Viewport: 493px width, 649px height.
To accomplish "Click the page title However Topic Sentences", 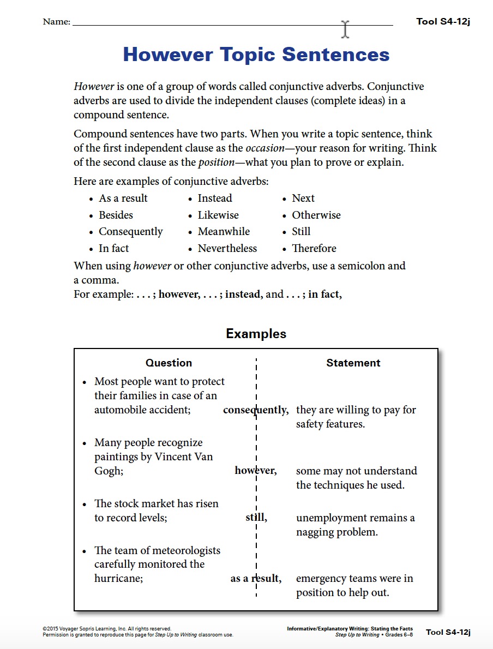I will point(256,55).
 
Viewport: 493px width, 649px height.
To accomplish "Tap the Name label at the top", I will point(56,22).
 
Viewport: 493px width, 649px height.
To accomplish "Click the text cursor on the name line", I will point(345,29).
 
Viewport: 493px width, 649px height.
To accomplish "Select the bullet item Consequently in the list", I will point(130,232).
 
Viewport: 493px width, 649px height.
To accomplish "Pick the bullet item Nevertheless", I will point(227,248).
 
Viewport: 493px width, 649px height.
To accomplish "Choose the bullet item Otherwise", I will point(316,215).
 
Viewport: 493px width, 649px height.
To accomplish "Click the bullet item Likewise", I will point(218,215).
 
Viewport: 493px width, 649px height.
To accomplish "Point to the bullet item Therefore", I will point(314,248).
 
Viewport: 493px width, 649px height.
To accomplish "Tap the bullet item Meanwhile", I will point(224,232).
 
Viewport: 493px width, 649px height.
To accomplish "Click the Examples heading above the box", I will point(256,334).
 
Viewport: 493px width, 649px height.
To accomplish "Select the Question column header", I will point(169,363).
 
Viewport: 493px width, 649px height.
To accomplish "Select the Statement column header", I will point(353,363).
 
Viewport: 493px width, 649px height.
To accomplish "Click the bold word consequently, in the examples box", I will point(256,410).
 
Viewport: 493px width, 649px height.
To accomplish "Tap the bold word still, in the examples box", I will point(256,518).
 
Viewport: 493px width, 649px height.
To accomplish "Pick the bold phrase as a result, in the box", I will point(256,579).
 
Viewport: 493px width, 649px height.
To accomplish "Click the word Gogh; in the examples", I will point(109,471).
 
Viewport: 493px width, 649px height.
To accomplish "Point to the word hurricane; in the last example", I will point(118,578).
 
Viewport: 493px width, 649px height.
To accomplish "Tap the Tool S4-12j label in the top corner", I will point(443,22).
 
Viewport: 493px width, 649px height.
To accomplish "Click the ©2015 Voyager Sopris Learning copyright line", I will point(107,629).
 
